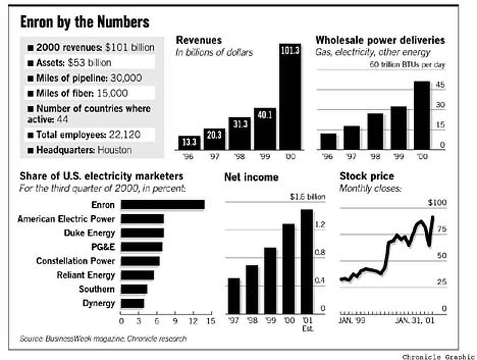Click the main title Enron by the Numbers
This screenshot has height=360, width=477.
tap(85, 22)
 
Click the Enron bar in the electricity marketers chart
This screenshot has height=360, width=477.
tap(163, 204)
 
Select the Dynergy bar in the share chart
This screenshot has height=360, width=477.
tap(132, 304)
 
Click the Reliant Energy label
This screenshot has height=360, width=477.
tap(85, 275)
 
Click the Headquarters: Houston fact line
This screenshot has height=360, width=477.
tap(84, 150)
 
